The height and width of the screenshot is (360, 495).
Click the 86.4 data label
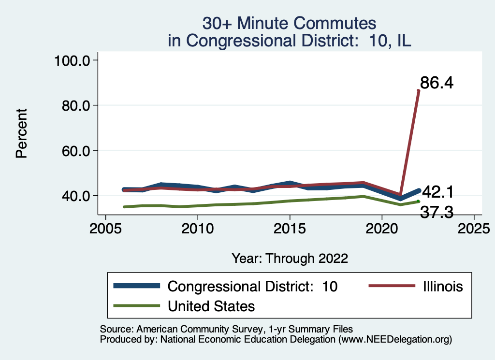coord(436,84)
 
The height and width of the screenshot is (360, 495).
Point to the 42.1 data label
coord(437,192)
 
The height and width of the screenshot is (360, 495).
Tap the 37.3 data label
coord(437,212)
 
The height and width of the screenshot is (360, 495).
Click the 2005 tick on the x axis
coord(105,228)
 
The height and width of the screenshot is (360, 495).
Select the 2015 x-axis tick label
coord(290,228)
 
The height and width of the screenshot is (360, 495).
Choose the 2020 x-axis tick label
coord(382,228)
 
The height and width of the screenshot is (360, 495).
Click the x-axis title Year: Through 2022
coord(290,258)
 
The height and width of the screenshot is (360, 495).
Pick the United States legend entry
coord(211,306)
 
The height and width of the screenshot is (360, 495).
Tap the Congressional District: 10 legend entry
coord(252,286)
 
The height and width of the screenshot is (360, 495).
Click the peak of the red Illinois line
coord(419,90)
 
